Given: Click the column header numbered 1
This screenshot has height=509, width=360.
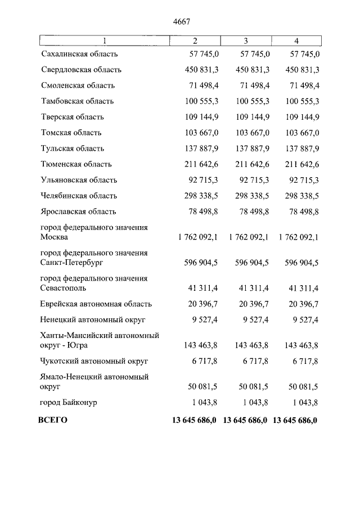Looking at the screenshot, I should click(103, 40).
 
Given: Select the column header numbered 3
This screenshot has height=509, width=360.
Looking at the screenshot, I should click(246, 40).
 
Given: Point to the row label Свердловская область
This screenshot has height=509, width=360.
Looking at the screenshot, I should click(81, 70).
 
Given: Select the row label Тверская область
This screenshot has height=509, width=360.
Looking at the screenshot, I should click(73, 117).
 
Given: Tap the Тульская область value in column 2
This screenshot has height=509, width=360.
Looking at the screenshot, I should click(201, 148).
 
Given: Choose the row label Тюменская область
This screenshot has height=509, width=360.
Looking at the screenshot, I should click(76, 164).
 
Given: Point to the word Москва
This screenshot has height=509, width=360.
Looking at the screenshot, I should click(55, 237).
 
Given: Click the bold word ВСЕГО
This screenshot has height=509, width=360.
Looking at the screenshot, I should click(52, 420).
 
